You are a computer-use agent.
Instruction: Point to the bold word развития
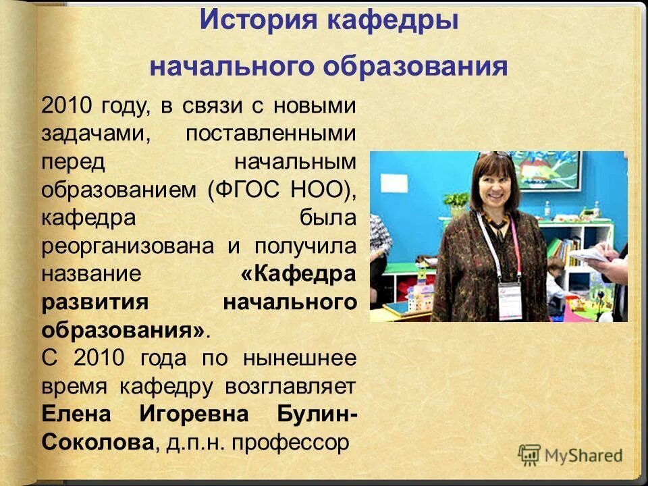click(94, 302)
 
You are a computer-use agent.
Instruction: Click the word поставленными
click(270, 133)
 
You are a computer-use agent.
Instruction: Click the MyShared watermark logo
click(570, 455)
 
